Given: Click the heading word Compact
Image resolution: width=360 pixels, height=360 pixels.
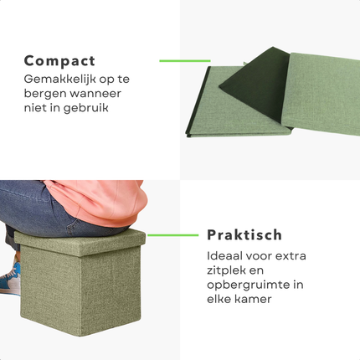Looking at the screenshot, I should (59, 61).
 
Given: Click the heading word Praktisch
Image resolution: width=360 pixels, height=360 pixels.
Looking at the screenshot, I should (244, 235).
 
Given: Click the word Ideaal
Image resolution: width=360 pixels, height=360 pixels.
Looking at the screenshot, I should (227, 255).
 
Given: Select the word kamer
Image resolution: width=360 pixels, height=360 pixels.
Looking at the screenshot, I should (258, 301).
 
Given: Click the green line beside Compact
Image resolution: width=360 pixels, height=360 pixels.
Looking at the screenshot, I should (184, 60).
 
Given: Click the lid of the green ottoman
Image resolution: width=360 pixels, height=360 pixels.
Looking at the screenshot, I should (80, 240).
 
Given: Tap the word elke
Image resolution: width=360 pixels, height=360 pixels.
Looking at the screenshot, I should (222, 301).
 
